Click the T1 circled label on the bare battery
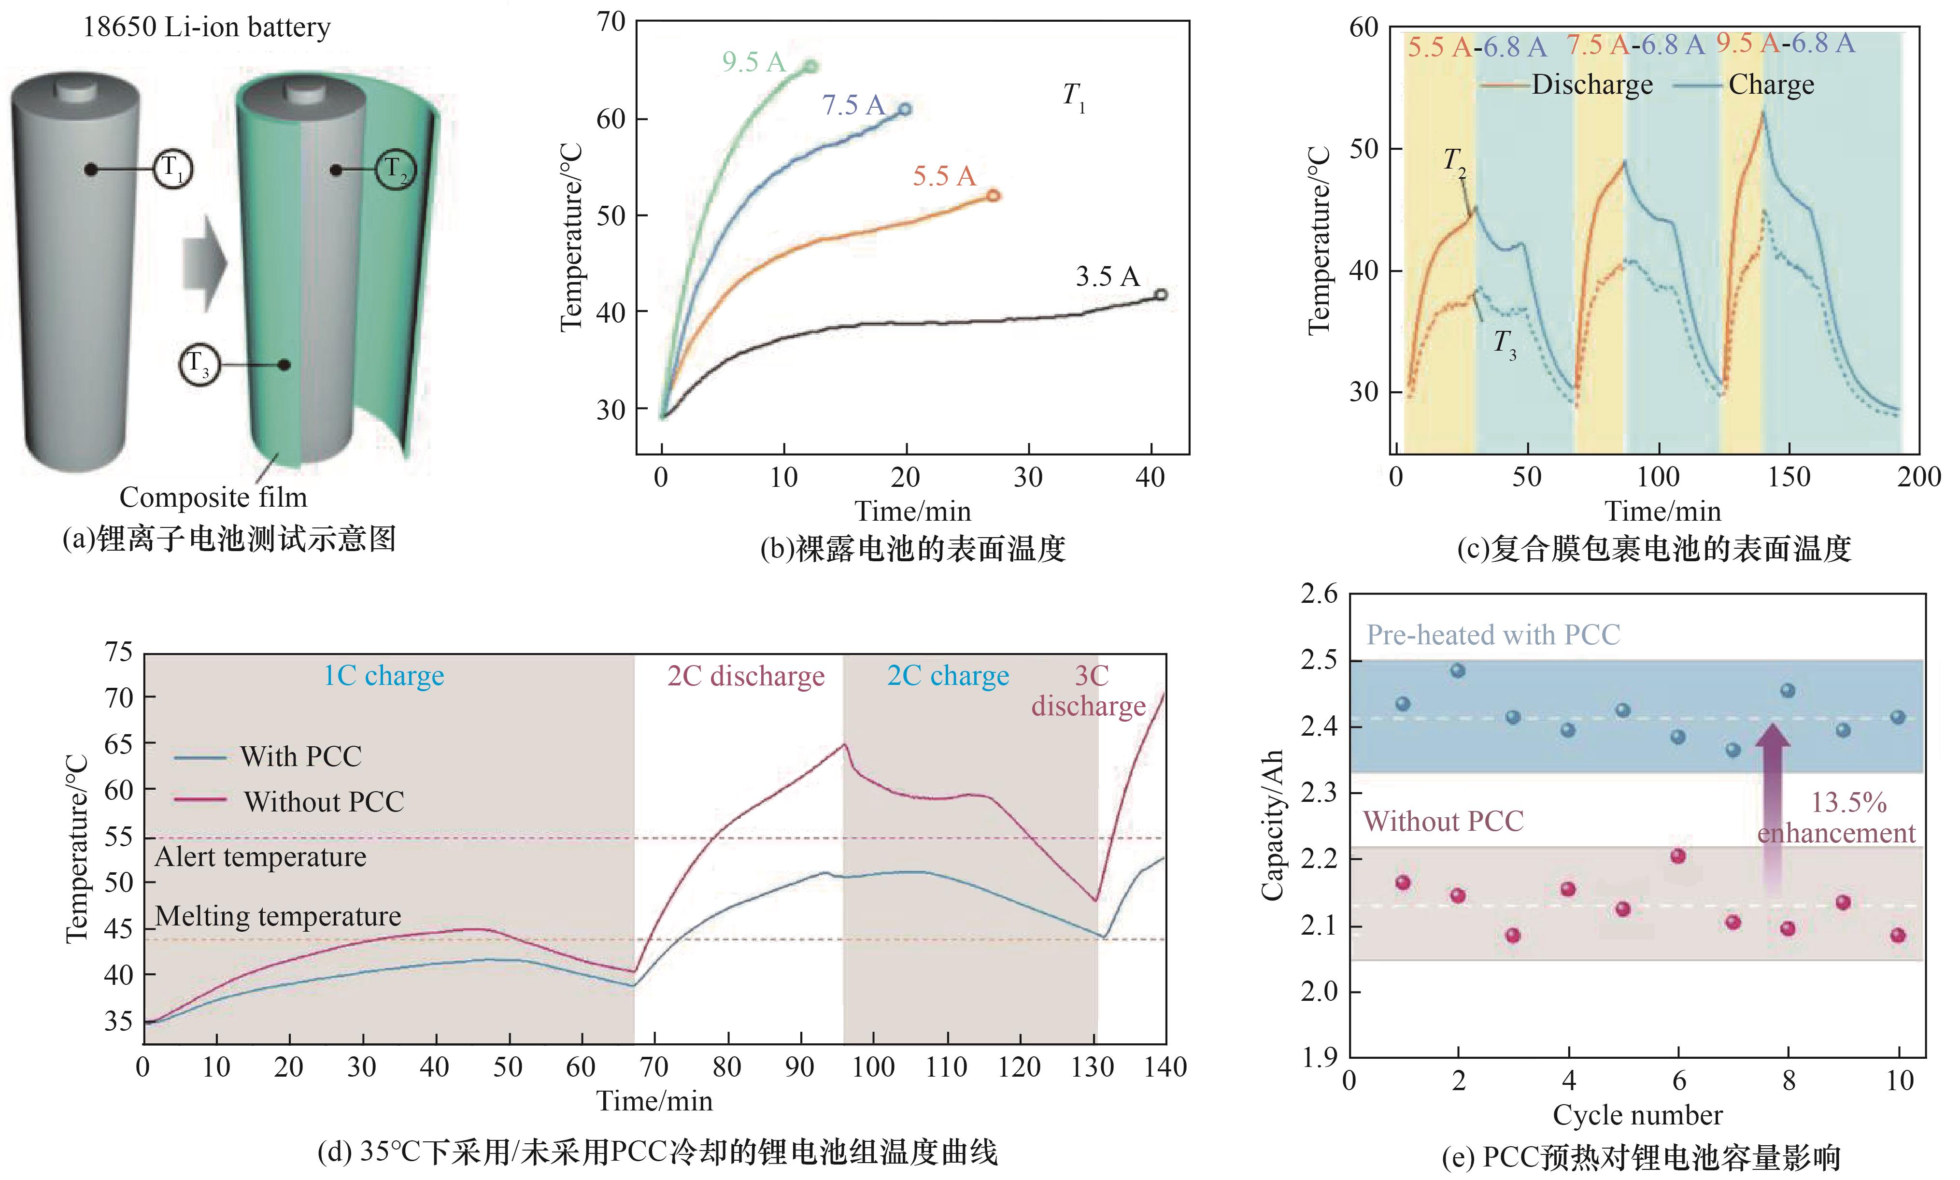point(172,169)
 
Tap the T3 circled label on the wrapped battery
point(198,365)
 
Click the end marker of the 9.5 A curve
point(811,67)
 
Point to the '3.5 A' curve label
point(1107,277)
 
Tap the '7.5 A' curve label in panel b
point(852,105)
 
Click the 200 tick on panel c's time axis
point(1918,477)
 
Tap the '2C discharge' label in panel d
point(746,676)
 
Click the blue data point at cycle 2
point(1458,671)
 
